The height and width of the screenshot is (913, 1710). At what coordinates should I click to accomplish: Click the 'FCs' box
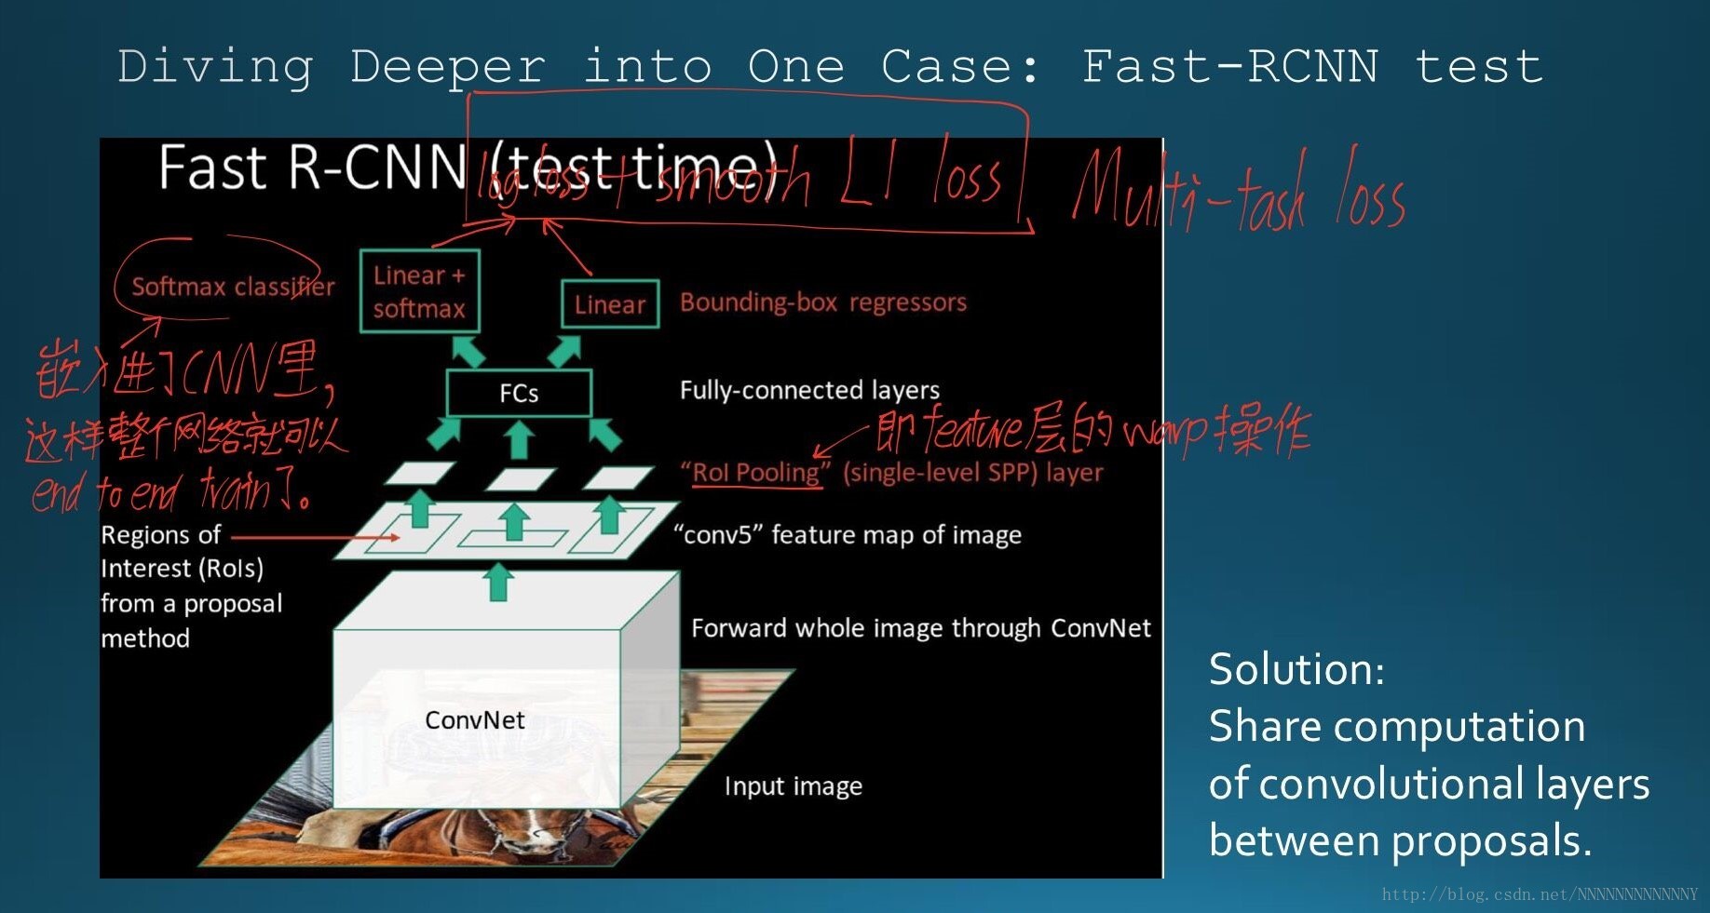point(519,393)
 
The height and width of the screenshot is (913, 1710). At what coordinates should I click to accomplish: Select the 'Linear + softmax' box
point(419,291)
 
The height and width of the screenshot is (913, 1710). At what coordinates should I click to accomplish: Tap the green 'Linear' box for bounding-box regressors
point(610,304)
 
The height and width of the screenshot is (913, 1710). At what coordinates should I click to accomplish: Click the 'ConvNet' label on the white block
point(474,720)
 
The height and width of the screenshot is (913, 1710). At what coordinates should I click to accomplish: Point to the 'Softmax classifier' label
point(233,287)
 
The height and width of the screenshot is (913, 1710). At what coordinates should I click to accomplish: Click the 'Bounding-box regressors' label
point(822,302)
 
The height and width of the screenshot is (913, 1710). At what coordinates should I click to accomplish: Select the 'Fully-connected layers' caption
point(809,390)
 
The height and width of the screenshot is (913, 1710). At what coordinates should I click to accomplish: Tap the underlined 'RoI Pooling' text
point(755,473)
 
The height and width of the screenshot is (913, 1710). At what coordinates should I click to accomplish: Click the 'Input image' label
point(793,786)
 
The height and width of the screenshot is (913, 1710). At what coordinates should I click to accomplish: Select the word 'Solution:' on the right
point(1296,670)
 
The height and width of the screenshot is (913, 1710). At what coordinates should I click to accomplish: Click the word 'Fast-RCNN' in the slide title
point(1229,67)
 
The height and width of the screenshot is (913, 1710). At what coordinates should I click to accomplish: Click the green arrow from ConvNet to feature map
point(499,582)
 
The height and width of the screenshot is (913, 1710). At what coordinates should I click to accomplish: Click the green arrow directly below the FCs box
point(519,438)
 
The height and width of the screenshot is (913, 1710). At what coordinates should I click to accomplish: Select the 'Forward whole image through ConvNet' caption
point(920,628)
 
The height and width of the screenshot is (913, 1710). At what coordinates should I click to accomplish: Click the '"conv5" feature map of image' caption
point(848,535)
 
